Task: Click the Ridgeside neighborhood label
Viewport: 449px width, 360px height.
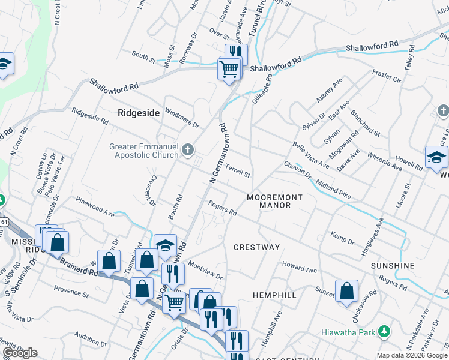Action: click(139, 112)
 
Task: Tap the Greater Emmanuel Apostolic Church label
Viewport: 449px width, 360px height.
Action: click(144, 150)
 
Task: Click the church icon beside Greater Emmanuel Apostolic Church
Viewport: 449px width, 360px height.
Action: click(188, 150)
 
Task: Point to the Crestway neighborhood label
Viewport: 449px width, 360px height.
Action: click(257, 247)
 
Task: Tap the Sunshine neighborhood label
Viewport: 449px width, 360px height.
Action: click(393, 266)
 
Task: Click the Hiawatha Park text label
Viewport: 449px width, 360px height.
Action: click(348, 332)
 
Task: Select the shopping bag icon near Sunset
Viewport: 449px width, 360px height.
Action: click(346, 292)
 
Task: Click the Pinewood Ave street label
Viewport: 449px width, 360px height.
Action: click(94, 206)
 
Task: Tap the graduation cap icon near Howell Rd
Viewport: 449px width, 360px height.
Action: click(436, 158)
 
